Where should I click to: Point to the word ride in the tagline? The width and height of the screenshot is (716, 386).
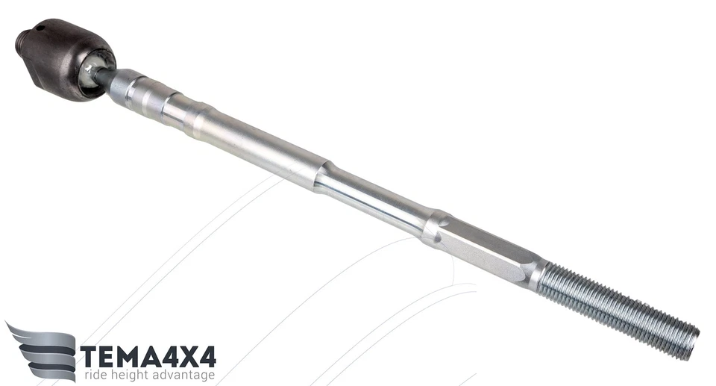tap(95, 376)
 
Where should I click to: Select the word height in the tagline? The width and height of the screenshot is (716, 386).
tap(134, 376)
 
